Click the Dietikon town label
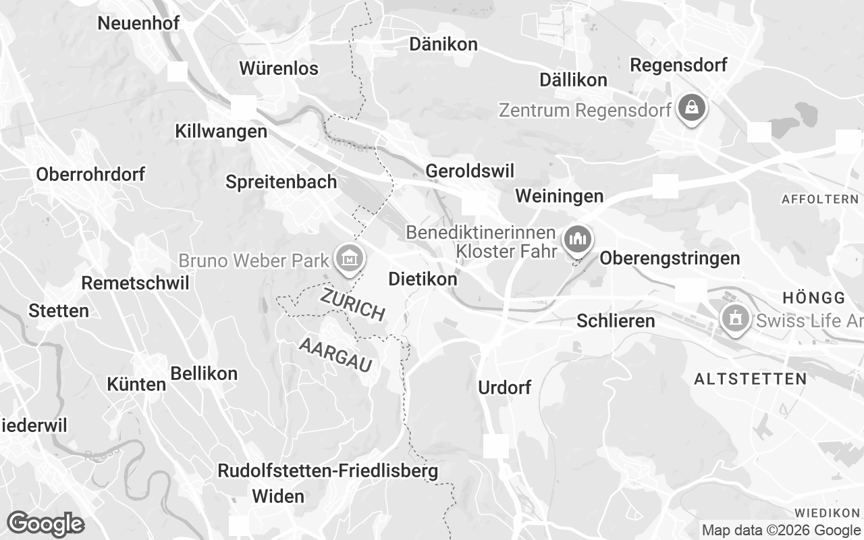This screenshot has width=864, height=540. click(x=423, y=279)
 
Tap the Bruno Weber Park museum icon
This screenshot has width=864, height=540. click(x=350, y=258)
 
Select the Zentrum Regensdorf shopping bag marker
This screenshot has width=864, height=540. click(x=692, y=108)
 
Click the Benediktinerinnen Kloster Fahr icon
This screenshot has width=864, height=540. click(x=577, y=239)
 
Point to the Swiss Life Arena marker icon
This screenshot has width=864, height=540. click(x=734, y=317)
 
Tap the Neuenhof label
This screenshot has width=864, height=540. click(x=138, y=23)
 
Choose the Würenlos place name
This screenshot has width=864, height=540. click(x=279, y=68)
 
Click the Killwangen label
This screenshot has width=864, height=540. click(x=221, y=131)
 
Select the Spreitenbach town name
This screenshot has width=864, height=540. click(x=281, y=182)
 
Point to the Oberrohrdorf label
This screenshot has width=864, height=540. click(x=90, y=174)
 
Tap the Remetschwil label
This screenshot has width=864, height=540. click(x=135, y=283)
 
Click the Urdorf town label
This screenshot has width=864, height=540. click(x=504, y=387)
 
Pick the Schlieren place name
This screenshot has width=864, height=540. click(x=616, y=321)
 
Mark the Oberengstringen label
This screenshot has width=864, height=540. click(x=670, y=258)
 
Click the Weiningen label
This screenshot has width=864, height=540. click(x=559, y=196)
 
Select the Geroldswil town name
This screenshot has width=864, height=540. click(x=470, y=171)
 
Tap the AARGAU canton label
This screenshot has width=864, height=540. click(x=335, y=355)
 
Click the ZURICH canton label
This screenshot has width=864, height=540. click(x=353, y=304)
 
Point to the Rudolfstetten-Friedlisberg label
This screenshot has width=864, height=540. click(x=327, y=471)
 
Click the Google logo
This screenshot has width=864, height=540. click(x=45, y=524)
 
